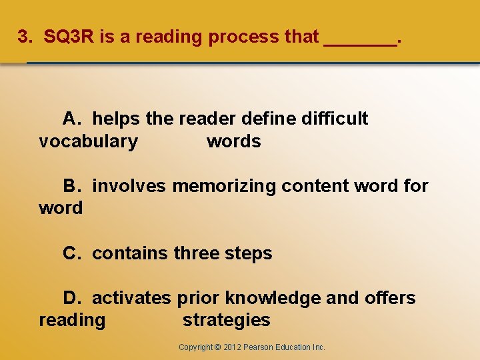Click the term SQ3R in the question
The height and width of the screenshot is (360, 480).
[x=69, y=37]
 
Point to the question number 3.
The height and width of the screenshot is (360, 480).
[x=23, y=37]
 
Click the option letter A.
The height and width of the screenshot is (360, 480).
[x=71, y=119]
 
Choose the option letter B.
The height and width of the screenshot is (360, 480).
[x=71, y=186]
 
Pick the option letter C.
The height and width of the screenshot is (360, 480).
[x=71, y=253]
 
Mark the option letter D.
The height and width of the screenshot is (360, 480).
[x=71, y=298]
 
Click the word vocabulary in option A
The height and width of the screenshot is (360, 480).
[x=89, y=141]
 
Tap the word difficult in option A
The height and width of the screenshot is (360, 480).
[x=335, y=119]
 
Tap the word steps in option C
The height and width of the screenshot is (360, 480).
[x=249, y=253]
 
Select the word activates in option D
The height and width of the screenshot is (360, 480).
[x=131, y=298]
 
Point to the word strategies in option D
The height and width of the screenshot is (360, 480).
[x=227, y=320]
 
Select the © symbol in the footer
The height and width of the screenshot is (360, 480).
[x=219, y=347]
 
